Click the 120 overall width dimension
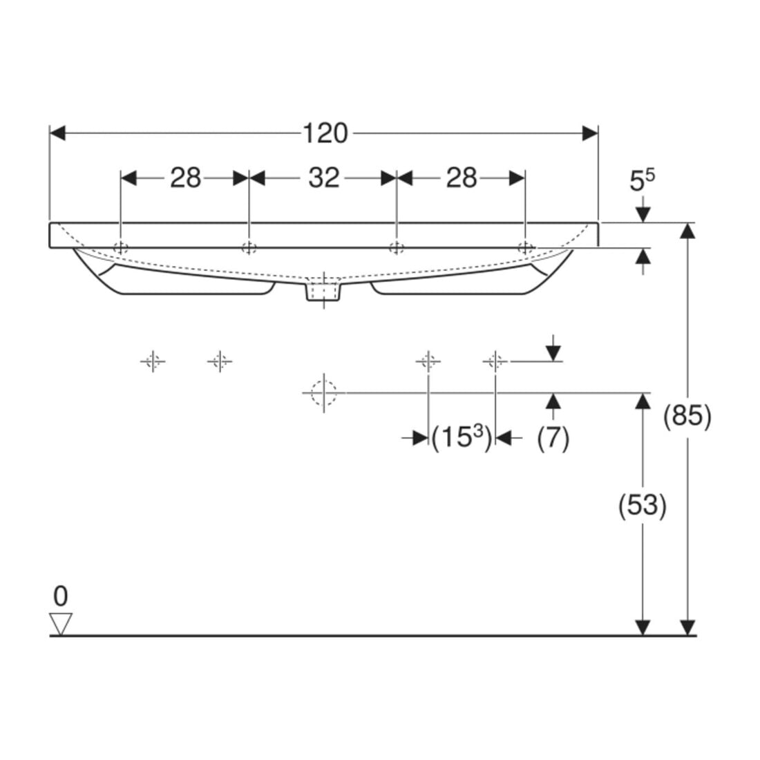[325, 133]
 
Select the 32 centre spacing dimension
[324, 178]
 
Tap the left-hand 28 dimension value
[185, 178]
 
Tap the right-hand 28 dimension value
[462, 178]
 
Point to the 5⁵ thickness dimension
[642, 180]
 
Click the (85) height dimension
[687, 417]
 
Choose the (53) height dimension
[643, 506]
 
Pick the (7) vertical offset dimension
[553, 439]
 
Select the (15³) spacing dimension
[462, 438]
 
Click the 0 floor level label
[61, 596]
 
